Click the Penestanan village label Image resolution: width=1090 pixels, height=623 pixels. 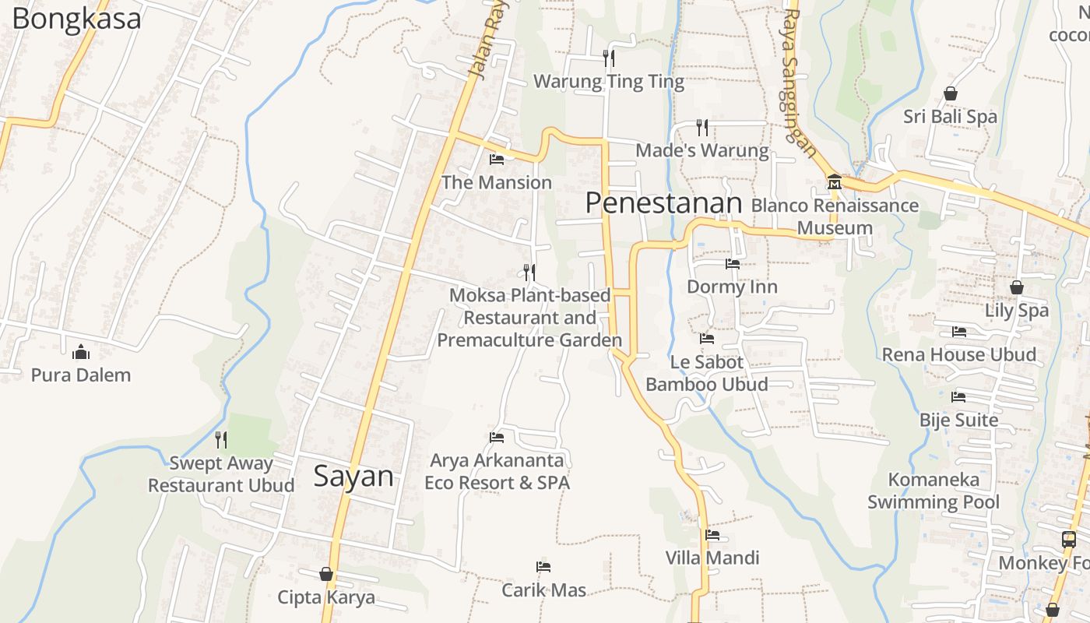663,203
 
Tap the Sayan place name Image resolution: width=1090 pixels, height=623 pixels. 353,476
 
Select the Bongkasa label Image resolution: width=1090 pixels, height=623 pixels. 76,19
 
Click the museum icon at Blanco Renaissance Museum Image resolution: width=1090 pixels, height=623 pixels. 835,182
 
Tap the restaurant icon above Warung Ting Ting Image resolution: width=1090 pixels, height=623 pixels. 609,58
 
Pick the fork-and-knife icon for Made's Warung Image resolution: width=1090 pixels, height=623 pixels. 702,127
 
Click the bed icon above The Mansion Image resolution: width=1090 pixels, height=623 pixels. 496,160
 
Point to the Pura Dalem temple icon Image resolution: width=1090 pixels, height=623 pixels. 80,352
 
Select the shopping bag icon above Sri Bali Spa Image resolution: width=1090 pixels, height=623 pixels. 950,93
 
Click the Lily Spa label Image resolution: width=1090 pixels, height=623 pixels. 1016,310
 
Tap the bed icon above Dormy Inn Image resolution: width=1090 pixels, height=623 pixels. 732,264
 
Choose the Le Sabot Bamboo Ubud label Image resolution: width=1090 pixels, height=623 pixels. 706,373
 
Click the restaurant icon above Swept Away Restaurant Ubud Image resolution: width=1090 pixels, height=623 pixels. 221,440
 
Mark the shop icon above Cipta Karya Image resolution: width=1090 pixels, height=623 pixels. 326,574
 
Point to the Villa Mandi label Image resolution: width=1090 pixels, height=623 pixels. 712,558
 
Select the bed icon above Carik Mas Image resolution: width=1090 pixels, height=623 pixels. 543,567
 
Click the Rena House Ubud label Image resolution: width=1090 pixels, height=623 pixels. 958,354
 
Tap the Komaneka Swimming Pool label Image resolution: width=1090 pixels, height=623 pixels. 933,491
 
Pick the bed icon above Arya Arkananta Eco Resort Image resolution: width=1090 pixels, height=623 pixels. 497,437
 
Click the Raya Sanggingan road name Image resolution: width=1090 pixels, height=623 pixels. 801,81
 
